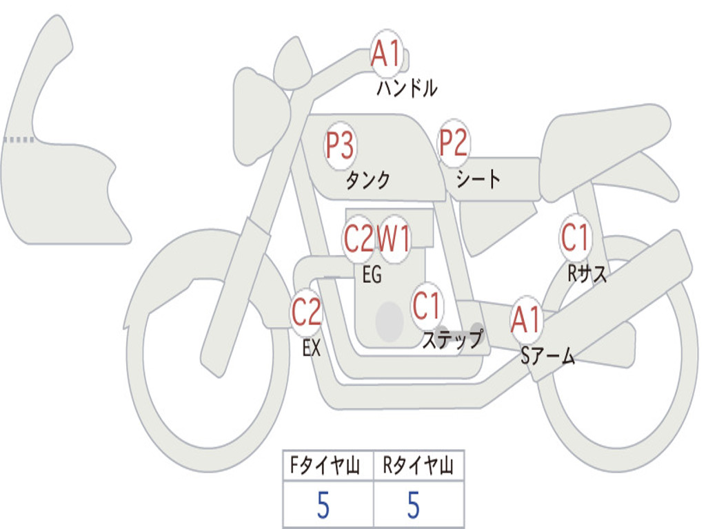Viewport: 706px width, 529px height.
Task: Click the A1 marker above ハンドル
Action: (x=386, y=54)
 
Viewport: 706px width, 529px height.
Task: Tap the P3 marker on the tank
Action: (x=341, y=145)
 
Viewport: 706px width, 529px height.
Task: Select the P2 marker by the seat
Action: (x=454, y=142)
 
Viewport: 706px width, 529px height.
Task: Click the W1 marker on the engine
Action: (x=394, y=238)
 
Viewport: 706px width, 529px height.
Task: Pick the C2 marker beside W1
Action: (x=359, y=238)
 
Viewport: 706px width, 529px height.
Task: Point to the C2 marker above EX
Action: (x=307, y=312)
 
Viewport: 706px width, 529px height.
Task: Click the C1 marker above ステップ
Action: (x=426, y=306)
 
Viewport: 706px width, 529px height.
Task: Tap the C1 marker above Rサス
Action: (x=575, y=238)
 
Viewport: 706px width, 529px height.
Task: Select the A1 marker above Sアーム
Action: (x=526, y=320)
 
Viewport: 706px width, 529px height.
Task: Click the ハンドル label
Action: (x=407, y=88)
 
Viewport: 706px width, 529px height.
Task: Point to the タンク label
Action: (x=368, y=180)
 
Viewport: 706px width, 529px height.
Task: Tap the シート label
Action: (x=478, y=179)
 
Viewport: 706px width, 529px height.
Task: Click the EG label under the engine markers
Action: (x=372, y=274)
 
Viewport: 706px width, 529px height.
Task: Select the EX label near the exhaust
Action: (x=312, y=348)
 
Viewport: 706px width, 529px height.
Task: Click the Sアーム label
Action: (x=548, y=356)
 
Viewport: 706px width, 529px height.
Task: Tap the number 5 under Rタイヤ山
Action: (x=414, y=505)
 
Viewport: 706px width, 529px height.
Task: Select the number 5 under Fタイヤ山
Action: (x=323, y=505)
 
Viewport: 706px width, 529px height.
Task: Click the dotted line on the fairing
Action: (x=19, y=140)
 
